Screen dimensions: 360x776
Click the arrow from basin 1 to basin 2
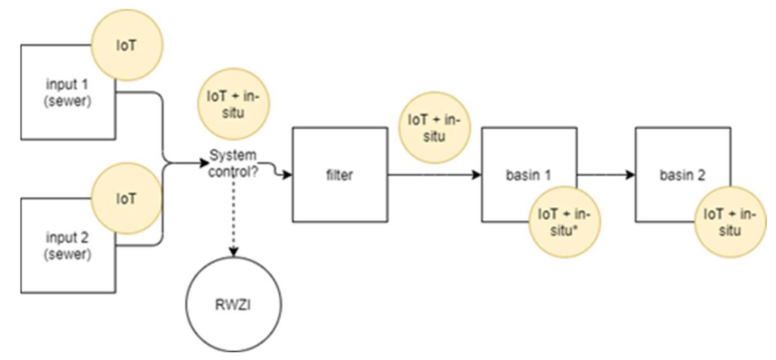(x=606, y=175)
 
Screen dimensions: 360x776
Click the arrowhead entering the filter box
(x=288, y=176)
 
